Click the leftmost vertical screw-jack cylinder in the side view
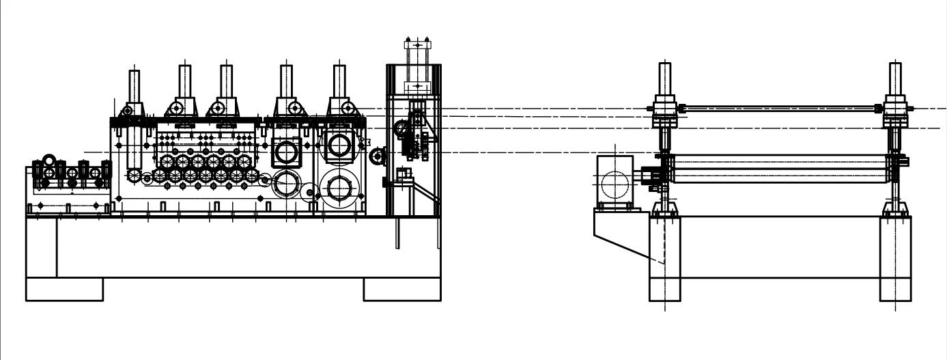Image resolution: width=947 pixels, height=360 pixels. pos(135,85)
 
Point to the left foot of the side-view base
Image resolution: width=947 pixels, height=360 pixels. pos(64,289)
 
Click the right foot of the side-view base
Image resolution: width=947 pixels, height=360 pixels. pos(401,289)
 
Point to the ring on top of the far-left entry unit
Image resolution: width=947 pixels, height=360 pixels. pos(49,161)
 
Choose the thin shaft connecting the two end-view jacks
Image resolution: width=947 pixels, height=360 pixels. pos(778,107)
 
